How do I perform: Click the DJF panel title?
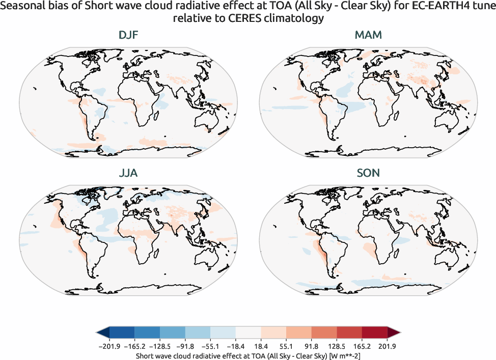127,35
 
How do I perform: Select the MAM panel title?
368,35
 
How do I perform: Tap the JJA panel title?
127,173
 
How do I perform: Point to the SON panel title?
368,173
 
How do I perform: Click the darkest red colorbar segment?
375,333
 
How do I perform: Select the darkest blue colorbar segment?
121,333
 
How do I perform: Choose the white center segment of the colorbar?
248,333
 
